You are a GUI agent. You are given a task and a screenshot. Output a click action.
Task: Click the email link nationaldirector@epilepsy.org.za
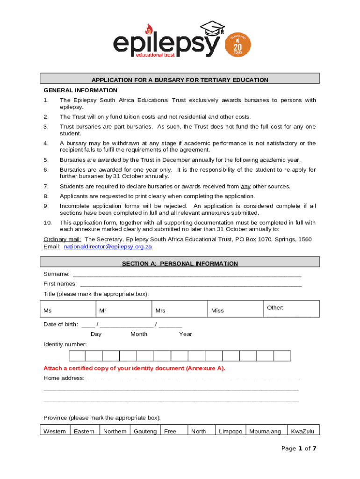[108, 247]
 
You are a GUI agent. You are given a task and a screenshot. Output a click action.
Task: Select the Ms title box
[68, 309]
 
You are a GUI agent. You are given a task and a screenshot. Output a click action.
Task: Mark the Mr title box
[123, 309]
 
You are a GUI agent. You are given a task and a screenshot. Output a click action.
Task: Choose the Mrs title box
[180, 309]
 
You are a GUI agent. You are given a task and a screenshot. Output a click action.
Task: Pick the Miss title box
[235, 309]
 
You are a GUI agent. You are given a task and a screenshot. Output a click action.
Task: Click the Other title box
[291, 309]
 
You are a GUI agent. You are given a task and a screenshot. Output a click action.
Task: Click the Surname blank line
[187, 275]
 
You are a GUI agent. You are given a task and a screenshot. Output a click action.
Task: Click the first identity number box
[77, 356]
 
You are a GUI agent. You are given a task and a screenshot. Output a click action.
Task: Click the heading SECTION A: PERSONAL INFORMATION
[180, 264]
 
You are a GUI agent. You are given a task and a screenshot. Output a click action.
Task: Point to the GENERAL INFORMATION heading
[80, 90]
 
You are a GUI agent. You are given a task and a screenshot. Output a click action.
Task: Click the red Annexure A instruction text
[134, 368]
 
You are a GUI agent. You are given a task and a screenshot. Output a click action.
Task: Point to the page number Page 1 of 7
[299, 449]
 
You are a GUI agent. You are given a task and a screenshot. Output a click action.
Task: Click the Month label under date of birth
[139, 334]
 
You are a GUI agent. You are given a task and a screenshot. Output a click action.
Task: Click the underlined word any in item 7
[245, 186]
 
